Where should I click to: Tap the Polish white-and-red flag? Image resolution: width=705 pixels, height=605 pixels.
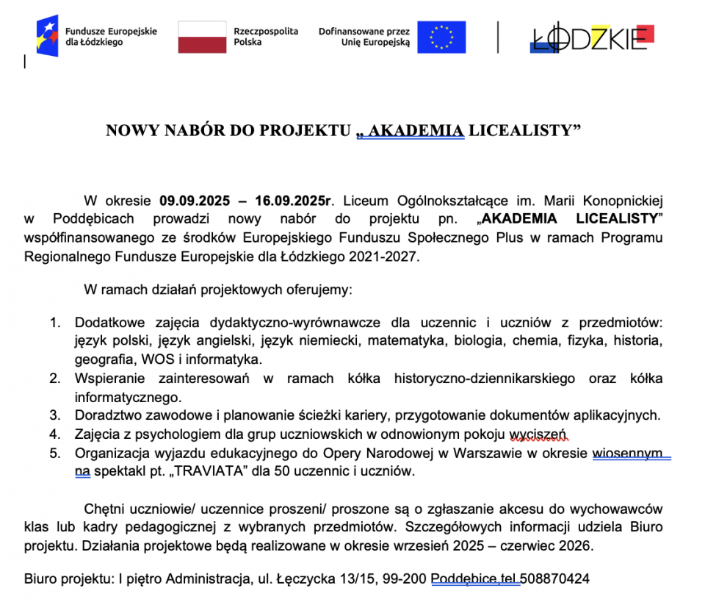point(202,37)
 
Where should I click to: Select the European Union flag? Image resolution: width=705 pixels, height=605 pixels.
point(441,37)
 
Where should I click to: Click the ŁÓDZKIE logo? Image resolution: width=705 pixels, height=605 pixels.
point(591,37)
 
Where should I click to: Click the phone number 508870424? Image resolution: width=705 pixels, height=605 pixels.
point(554,579)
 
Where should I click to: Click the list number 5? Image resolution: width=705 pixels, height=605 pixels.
point(54,453)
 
